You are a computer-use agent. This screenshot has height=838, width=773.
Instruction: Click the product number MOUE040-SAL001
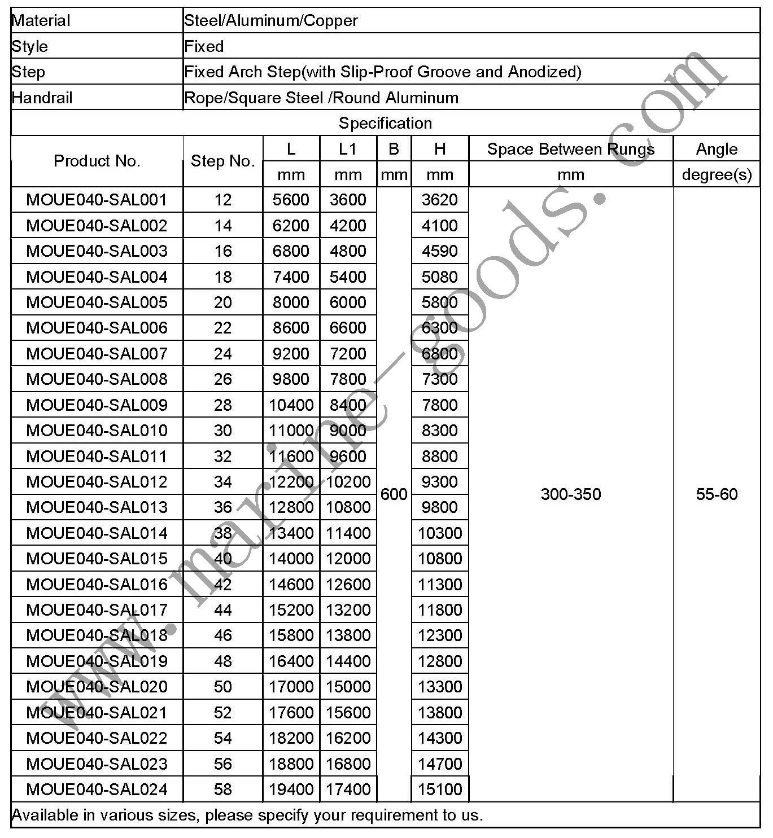(x=97, y=200)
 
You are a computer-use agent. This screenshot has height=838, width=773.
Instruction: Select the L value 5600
(x=291, y=200)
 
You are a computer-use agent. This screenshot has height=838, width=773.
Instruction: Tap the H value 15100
(x=440, y=789)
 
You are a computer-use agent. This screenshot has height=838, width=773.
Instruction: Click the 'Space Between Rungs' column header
(x=570, y=149)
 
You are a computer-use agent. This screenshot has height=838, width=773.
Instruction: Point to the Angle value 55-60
(x=717, y=494)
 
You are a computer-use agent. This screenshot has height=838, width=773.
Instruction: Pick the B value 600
(x=394, y=494)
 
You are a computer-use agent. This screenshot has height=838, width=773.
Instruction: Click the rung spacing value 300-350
(x=570, y=494)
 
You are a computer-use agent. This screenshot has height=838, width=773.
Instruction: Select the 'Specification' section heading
(x=385, y=123)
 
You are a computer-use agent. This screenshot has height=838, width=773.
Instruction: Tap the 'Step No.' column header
(x=222, y=161)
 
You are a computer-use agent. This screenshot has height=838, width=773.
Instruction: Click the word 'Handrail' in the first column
(x=42, y=98)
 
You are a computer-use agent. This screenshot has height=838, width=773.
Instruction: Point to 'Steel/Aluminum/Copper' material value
(x=271, y=21)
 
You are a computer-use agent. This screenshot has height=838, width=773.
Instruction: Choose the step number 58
(x=222, y=789)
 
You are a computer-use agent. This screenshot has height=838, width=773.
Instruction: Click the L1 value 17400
(x=348, y=789)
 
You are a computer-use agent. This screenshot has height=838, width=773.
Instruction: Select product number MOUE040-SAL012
(x=97, y=482)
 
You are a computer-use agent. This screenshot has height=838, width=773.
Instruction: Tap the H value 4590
(x=440, y=251)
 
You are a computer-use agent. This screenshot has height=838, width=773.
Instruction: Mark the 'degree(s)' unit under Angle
(x=717, y=175)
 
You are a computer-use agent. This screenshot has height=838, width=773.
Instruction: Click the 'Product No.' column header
(x=97, y=161)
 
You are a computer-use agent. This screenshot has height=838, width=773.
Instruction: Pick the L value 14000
(x=291, y=559)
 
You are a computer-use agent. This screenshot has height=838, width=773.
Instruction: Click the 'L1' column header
(x=348, y=149)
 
